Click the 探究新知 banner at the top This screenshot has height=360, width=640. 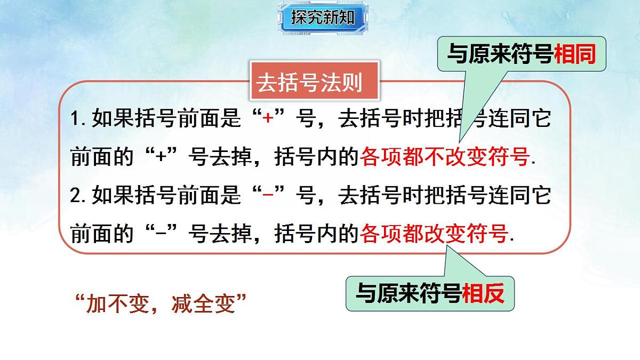(323, 18)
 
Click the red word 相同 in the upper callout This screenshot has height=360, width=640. (574, 54)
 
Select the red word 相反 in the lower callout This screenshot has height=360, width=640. (483, 293)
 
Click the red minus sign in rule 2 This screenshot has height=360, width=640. (268, 196)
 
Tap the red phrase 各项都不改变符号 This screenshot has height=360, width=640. (445, 157)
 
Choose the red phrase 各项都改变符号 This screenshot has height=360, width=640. (433, 234)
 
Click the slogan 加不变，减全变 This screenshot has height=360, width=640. (161, 305)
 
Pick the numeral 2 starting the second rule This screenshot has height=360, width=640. (75, 196)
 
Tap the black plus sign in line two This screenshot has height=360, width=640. (161, 157)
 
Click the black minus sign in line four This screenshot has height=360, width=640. (161, 234)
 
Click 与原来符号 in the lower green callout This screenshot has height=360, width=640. (409, 293)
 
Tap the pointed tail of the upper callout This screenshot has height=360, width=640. (462, 136)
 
